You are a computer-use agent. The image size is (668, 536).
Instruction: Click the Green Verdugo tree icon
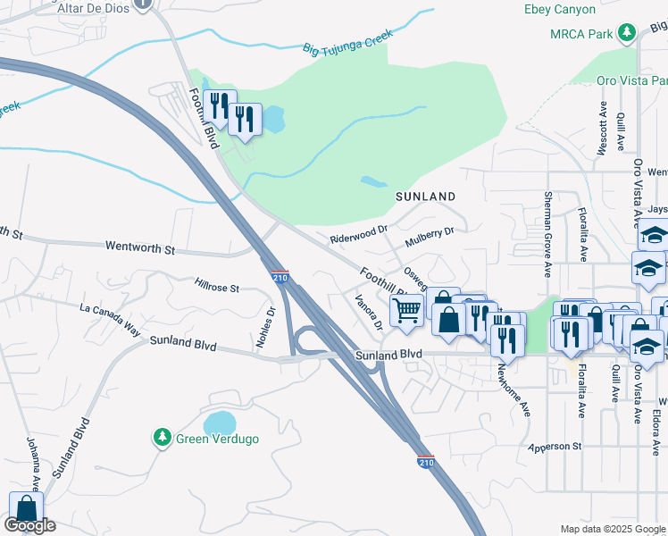coord(162,438)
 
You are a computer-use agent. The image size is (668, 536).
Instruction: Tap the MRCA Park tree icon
coord(627,33)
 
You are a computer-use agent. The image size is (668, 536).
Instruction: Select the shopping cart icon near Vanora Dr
coord(406,311)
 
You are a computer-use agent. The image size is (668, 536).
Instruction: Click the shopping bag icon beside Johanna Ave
coord(26,507)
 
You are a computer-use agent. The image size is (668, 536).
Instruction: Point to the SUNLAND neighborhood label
coord(426,196)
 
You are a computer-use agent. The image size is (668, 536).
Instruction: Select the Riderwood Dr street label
coord(358,234)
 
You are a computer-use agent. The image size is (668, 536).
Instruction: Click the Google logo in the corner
coord(29,525)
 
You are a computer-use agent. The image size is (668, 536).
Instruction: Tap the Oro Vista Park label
coord(629,80)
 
